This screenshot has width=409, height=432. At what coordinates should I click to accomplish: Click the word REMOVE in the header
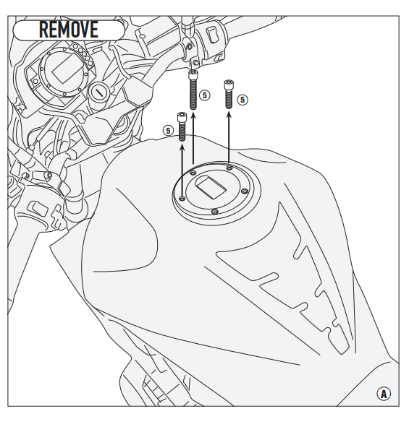pos(69,29)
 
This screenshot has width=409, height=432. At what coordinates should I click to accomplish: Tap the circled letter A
pos(384,394)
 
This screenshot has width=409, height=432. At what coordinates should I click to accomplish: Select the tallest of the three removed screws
pos(193,90)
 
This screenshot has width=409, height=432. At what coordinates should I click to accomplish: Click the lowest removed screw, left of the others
pos(182,126)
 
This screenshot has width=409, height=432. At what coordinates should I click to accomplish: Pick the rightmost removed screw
pos(228,94)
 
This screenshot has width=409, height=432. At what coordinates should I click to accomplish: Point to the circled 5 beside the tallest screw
pos(205,95)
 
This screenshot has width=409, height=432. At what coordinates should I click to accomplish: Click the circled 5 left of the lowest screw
pos(168,130)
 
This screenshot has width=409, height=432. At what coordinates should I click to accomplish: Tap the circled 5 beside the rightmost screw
pos(243,100)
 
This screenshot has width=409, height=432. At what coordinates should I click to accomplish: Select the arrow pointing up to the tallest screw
pos(193,137)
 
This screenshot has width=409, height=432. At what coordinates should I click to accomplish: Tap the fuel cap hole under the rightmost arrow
pos(229,168)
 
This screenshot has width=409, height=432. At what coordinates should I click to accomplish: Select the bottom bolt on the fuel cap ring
pos(215,212)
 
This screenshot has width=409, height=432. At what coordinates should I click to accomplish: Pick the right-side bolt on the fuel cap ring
pos(245,191)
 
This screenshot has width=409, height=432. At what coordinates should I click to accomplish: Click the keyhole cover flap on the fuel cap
pos(211,188)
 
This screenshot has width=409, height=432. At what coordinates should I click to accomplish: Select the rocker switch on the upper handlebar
pos(212,35)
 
